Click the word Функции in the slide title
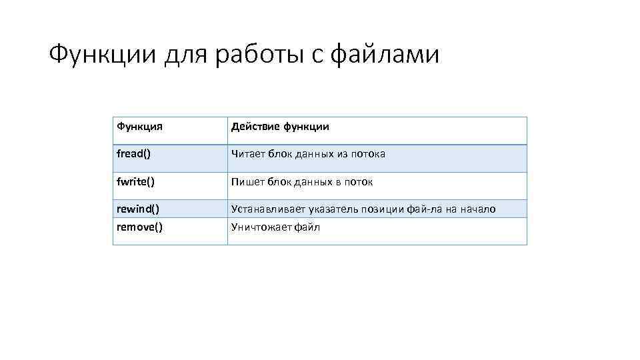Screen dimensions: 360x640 click(x=103, y=54)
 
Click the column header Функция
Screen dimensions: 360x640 click(x=140, y=127)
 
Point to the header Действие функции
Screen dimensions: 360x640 click(x=280, y=127)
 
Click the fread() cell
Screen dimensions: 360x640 click(x=133, y=154)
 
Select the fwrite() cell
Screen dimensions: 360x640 click(x=136, y=181)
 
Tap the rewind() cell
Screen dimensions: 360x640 click(x=137, y=209)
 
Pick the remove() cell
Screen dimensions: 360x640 click(x=139, y=227)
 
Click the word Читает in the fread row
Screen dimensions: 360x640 click(x=246, y=154)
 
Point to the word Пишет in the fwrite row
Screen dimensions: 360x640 click(x=245, y=181)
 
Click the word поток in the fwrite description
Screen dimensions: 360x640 click(x=359, y=181)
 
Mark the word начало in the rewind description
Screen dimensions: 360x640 click(x=477, y=209)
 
